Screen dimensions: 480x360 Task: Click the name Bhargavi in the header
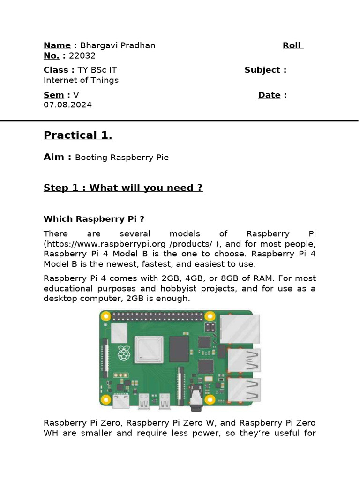[97, 45]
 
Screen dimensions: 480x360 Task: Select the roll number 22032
[82, 56]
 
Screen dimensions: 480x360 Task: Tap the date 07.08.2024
[67, 105]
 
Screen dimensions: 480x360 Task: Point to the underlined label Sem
[53, 95]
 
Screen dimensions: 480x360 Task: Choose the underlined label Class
[56, 70]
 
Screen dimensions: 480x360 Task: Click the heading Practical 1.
[78, 135]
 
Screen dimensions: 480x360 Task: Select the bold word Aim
[54, 157]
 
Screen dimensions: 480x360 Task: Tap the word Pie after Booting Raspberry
[160, 157]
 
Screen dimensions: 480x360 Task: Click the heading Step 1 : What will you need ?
[123, 188]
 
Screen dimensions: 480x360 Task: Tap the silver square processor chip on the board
[149, 350]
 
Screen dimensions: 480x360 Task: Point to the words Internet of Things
[81, 80]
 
